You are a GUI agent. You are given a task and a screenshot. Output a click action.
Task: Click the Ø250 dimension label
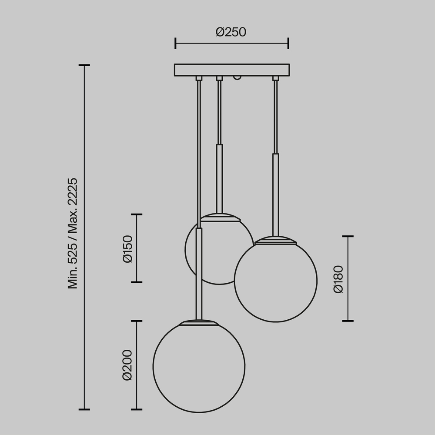(231, 32)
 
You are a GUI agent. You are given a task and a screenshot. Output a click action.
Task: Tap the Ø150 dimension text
(127, 248)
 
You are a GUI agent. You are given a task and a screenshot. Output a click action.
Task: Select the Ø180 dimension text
(338, 278)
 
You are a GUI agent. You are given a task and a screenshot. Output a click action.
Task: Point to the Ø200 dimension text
(127, 365)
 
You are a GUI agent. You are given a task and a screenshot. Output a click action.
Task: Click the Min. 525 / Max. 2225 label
(73, 233)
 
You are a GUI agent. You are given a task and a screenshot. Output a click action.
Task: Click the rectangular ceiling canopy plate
(231, 70)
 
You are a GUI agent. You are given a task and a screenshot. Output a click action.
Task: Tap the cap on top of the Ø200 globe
(199, 323)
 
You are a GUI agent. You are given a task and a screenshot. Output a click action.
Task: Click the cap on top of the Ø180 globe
(276, 240)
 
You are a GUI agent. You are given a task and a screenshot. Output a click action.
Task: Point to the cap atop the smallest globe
(220, 217)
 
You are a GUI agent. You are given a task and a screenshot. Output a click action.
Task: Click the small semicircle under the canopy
(237, 78)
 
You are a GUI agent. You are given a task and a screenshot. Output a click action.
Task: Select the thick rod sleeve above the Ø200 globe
(199, 274)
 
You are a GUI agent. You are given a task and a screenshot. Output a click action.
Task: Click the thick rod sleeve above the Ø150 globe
(220, 178)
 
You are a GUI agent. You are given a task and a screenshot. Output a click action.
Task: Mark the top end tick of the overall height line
(84, 65)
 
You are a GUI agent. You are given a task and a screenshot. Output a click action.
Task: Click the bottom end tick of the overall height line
(84, 409)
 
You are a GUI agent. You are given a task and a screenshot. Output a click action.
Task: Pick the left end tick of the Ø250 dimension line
(175, 43)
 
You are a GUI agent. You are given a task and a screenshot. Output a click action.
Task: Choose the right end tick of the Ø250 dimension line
(288, 43)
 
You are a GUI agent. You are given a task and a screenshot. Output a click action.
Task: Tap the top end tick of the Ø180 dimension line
(348, 236)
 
